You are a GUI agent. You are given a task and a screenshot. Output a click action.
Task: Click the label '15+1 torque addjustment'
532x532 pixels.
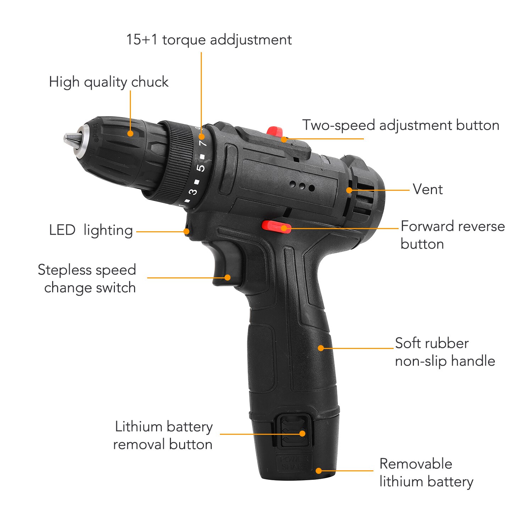click(209, 40)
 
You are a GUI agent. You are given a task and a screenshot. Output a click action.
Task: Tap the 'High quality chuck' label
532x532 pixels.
click(109, 82)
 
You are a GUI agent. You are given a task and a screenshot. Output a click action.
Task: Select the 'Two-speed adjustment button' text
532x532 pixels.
click(400, 125)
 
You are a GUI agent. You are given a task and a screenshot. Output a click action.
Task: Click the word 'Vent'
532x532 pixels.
click(428, 189)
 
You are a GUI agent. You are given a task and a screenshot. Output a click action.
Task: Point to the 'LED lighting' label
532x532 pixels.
click(91, 230)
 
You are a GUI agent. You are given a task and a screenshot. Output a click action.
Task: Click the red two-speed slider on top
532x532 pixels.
click(274, 131)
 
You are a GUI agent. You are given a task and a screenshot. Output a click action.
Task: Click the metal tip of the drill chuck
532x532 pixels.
click(71, 138)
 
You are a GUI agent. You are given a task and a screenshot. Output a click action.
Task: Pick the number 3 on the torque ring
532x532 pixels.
click(193, 192)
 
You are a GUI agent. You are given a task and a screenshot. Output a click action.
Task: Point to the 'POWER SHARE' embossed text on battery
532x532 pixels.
click(294, 463)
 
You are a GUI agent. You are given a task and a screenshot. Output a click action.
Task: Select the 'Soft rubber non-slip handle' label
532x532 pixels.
click(445, 352)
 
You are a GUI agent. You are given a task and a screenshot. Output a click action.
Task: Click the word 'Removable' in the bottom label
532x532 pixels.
click(416, 464)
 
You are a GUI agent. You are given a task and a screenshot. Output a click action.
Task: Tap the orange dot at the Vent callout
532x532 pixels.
click(349, 190)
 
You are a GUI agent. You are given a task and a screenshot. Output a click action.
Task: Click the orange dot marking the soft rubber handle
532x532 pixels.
click(321, 348)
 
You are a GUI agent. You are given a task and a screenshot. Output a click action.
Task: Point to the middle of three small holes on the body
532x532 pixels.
click(302, 186)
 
